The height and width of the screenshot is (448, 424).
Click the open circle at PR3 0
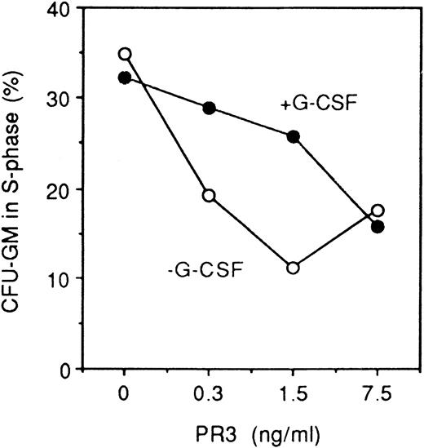click(x=125, y=54)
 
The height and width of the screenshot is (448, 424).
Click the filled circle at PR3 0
click(x=125, y=78)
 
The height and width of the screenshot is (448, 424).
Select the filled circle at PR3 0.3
click(x=210, y=108)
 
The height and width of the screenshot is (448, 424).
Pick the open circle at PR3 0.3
click(x=210, y=195)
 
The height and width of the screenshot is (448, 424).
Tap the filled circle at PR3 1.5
click(x=294, y=136)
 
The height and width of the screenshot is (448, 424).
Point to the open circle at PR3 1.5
click(x=294, y=267)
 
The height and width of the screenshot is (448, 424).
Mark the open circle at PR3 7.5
click(x=378, y=210)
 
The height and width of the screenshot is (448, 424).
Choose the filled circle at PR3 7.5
click(x=378, y=226)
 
